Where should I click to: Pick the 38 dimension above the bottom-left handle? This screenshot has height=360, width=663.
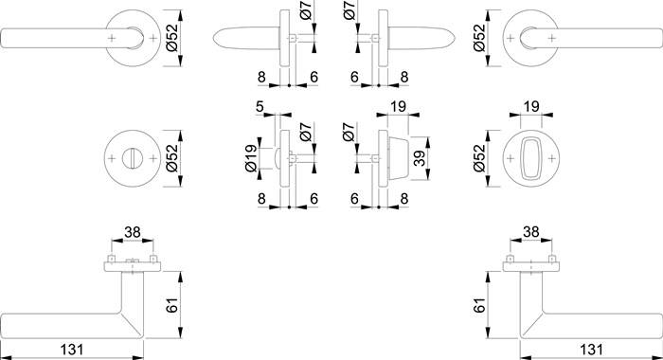click(x=133, y=231)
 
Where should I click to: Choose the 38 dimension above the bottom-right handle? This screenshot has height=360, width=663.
click(x=530, y=231)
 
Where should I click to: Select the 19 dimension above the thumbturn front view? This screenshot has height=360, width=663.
click(x=530, y=107)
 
